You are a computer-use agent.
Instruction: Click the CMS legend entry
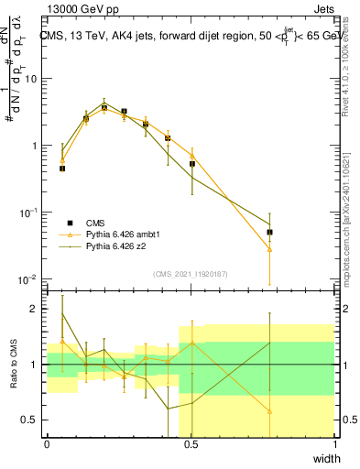point(97,223)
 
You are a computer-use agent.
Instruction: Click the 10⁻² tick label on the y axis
point(29,279)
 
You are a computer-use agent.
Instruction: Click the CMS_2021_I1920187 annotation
point(191,274)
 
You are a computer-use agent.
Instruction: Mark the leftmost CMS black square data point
point(62,169)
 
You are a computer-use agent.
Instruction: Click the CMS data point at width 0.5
point(192,164)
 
